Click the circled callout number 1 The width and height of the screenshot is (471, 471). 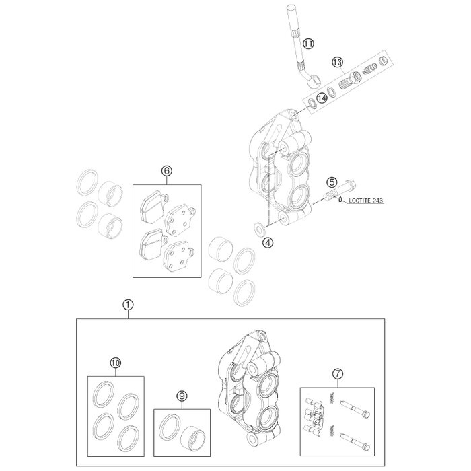point(128,305)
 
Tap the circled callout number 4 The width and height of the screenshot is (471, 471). point(268,242)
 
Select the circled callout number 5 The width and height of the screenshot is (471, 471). point(332,182)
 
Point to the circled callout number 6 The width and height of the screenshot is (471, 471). point(167,171)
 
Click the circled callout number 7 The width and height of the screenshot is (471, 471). point(338,373)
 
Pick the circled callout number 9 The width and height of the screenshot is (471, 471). point(182,396)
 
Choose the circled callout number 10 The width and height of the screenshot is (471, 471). point(116,363)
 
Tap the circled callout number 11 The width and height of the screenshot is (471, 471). point(308,44)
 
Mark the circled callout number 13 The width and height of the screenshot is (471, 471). point(337,62)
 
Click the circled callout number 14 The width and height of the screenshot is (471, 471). point(322,98)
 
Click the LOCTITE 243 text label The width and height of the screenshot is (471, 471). point(365,201)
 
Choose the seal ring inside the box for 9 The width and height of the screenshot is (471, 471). point(170,427)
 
